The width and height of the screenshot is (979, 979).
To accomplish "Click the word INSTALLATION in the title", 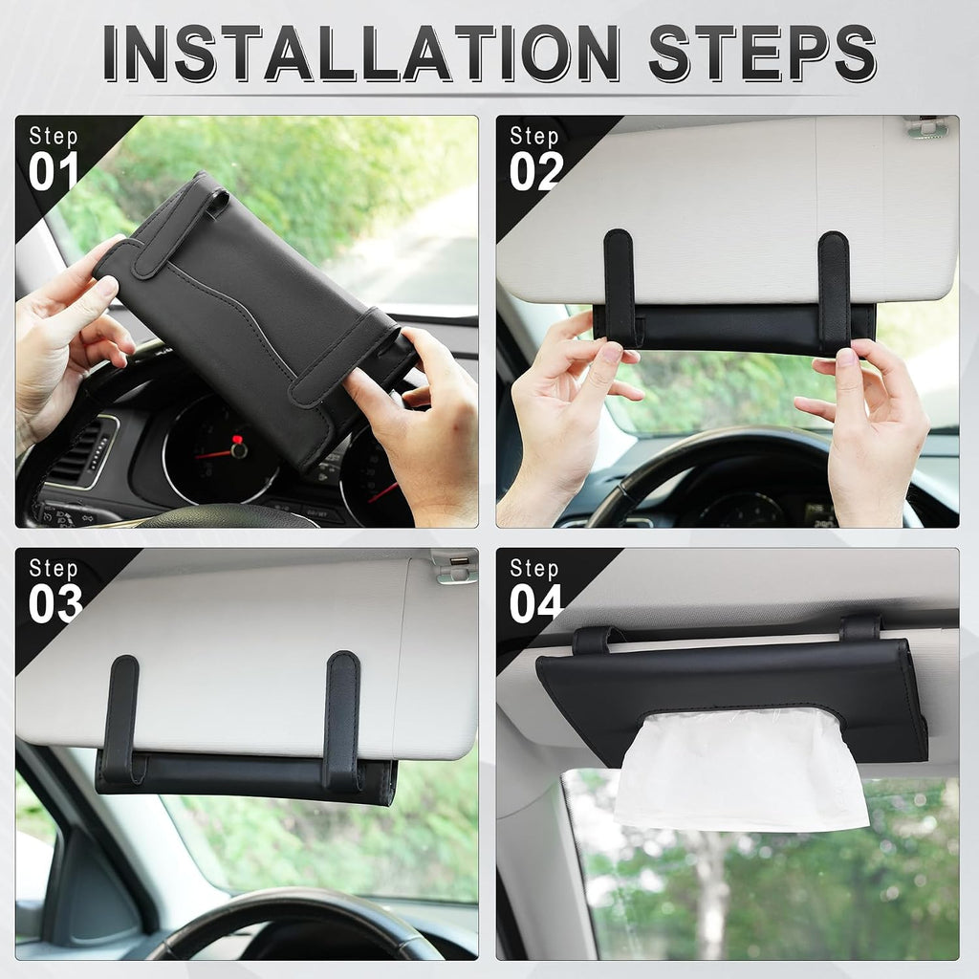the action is point(362,54).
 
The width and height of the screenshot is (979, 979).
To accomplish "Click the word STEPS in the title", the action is point(762,54).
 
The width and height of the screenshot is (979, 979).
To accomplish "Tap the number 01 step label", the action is point(54,171).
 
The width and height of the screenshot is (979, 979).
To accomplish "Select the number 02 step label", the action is point(535,171).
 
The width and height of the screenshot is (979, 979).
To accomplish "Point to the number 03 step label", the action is point(54,603).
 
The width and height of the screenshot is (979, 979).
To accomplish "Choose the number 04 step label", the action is point(535,603).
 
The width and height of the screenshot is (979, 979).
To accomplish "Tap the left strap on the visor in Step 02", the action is point(620,287).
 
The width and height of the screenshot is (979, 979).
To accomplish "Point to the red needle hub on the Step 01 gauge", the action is point(238,448).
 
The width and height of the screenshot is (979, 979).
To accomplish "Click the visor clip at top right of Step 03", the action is point(454,566).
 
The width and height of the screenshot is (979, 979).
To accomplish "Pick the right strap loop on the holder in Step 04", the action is point(859,627).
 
